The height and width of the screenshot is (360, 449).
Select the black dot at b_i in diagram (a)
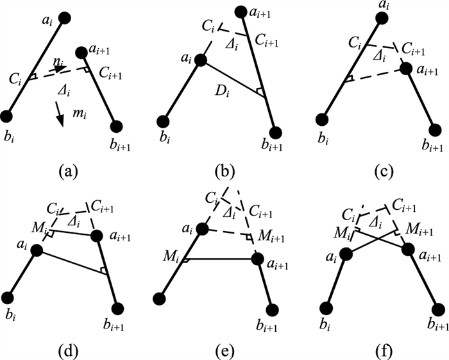[8, 117]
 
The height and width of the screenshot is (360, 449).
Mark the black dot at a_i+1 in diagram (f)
[409, 249]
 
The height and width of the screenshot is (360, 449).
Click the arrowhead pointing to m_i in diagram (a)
[61, 122]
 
